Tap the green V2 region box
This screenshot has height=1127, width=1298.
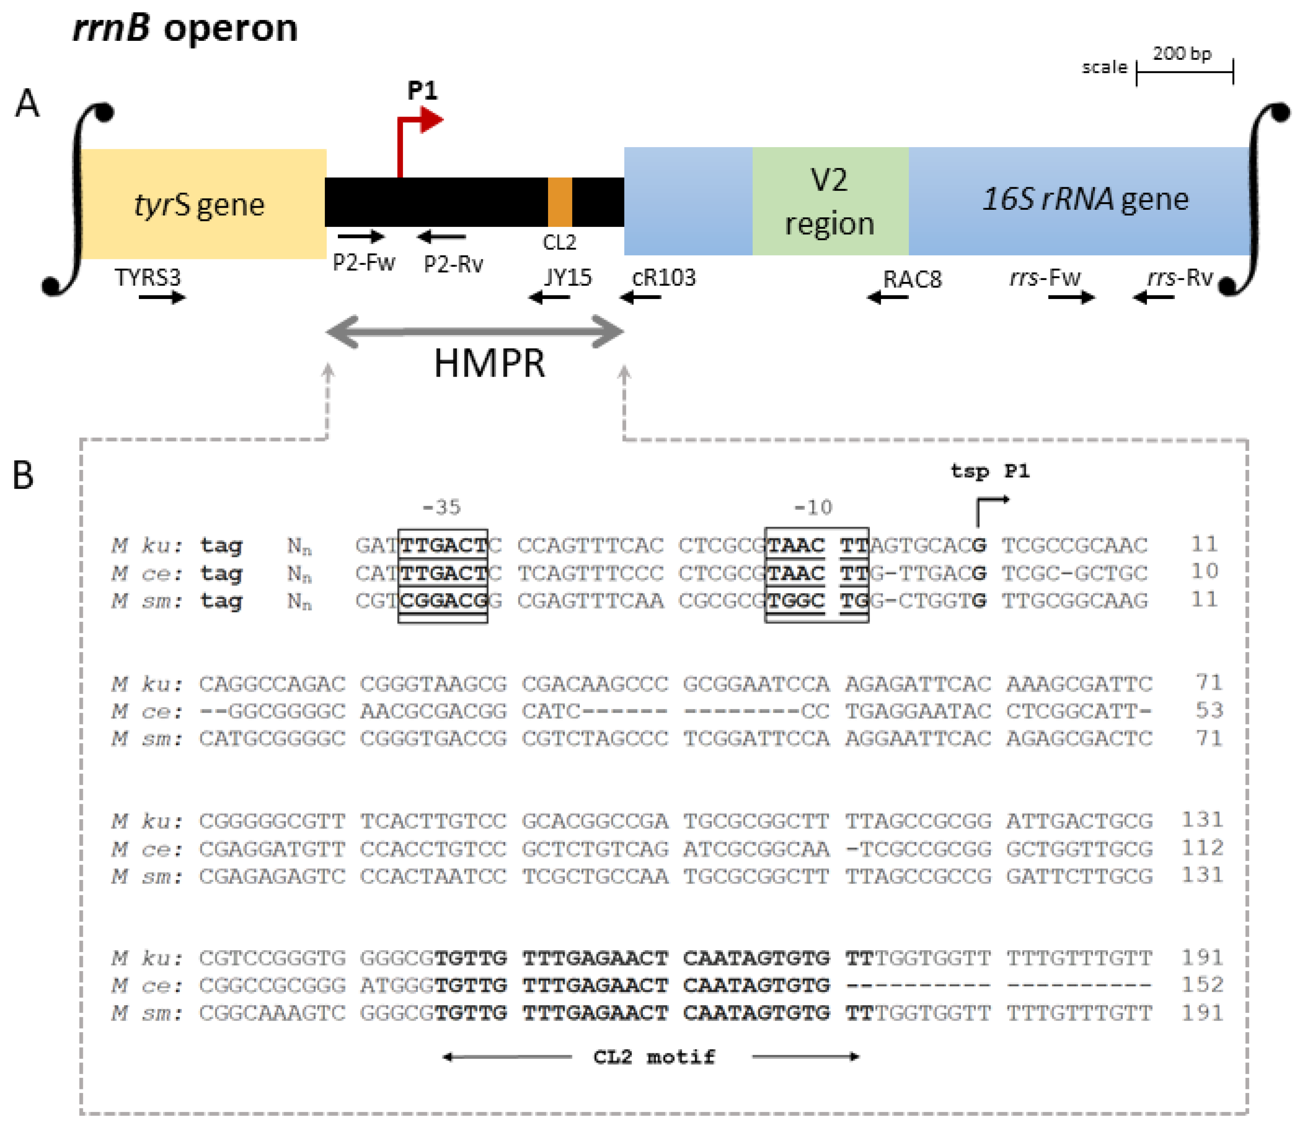[830, 201]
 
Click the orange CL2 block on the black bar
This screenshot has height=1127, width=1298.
[560, 202]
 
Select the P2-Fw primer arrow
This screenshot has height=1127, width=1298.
[361, 236]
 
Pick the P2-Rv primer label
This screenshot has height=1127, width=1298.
[453, 264]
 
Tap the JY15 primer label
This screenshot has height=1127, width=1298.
[568, 277]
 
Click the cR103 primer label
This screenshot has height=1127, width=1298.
[664, 277]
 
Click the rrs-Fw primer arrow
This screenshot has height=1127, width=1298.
[1071, 297]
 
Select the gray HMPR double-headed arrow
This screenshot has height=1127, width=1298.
[475, 332]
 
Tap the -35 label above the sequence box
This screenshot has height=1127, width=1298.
[441, 507]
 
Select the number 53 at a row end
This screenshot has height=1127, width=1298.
[1209, 710]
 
